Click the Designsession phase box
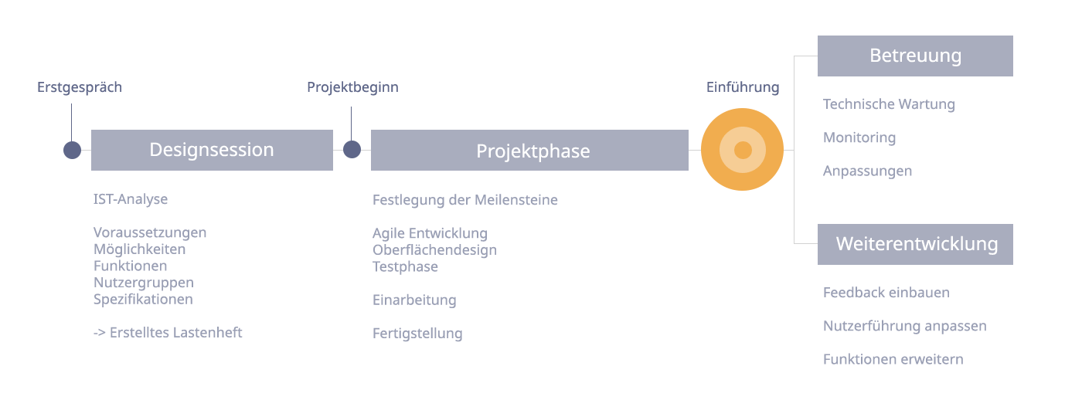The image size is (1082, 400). tap(212, 150)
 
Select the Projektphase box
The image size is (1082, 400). tap(529, 150)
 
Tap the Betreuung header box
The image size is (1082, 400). tap(915, 56)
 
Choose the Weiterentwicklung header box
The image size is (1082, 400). tap(915, 244)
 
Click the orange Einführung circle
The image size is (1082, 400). tap(743, 150)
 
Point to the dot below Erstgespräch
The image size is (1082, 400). tap(72, 150)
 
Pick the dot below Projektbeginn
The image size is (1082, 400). tap(352, 150)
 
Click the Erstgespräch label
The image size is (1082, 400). tap(80, 87)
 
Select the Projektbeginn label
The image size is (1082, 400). tap(352, 87)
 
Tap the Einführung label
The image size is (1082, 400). tap(743, 87)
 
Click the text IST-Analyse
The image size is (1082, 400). tap(131, 199)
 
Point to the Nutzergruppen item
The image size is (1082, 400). tap(144, 283)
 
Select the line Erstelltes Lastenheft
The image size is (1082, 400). tap(168, 333)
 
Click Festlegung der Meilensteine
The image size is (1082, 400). tap(465, 200)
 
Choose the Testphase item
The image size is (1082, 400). tap(405, 267)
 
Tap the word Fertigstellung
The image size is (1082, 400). tap(417, 334)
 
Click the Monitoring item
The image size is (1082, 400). tap(859, 138)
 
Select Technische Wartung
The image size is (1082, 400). tap(890, 104)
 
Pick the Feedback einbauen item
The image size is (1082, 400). tap(886, 293)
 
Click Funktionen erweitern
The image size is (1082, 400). tap(893, 360)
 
